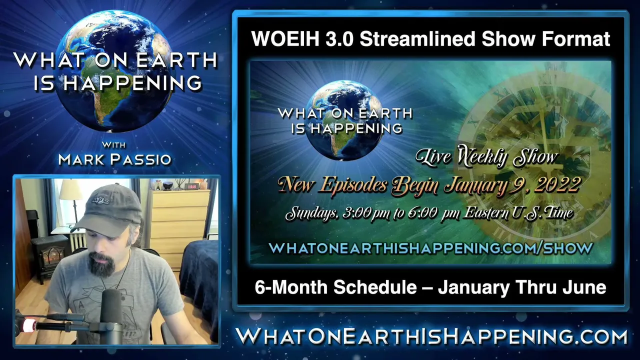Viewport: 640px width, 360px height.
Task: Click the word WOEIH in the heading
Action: (x=285, y=38)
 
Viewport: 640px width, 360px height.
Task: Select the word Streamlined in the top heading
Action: (x=417, y=38)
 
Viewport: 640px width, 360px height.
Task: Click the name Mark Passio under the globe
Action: (x=114, y=159)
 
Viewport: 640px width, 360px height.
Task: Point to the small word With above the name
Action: (x=113, y=145)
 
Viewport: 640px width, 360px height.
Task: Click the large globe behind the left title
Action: (x=115, y=71)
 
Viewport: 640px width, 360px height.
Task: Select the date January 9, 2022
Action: (x=512, y=184)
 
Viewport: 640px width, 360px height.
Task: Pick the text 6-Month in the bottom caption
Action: (x=291, y=287)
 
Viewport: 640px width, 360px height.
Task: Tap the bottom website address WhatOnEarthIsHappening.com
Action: (x=431, y=336)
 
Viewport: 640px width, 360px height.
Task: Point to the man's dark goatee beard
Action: (x=101, y=265)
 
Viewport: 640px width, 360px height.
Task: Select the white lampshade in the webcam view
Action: (x=70, y=189)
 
